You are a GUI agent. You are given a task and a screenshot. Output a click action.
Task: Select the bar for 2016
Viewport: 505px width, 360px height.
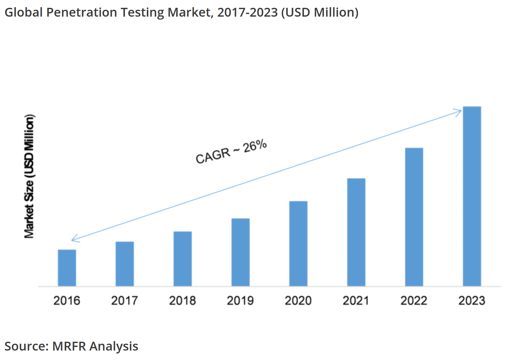67,268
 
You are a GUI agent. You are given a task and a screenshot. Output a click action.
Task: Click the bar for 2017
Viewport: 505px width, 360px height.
125,264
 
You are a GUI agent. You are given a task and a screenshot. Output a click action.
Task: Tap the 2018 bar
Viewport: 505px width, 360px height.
183,259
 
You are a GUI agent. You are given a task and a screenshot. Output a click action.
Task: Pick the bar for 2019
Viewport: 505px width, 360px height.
240,252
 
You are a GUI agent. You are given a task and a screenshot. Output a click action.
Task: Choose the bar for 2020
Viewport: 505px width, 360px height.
298,244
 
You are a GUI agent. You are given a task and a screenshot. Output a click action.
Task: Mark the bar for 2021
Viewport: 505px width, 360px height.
356,232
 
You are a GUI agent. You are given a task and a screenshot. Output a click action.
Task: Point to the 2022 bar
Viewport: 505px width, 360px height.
414,217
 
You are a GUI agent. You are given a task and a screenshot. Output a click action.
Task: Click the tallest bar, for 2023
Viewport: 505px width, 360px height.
472,196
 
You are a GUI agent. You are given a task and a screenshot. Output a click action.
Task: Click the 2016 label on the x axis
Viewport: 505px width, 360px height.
67,301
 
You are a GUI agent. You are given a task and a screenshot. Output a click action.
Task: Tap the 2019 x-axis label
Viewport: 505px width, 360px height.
240,301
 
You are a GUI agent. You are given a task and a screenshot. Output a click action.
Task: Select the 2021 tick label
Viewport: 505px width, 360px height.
356,301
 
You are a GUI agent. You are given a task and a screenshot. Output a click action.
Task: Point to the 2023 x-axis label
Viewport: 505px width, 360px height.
472,301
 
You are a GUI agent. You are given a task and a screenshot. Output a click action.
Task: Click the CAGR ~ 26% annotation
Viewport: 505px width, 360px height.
231,151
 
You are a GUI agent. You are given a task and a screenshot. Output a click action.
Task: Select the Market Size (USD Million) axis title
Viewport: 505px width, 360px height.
29,176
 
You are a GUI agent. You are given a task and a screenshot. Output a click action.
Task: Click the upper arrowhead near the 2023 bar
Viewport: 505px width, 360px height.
459,112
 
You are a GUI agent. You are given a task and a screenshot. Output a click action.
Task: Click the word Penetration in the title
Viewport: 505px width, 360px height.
82,12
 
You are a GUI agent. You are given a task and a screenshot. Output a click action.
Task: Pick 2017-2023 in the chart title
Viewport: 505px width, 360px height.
247,12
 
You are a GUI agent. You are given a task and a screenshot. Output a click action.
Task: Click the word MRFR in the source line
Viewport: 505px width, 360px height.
69,346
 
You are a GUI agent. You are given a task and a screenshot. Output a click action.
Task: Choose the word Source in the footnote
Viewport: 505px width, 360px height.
26,346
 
